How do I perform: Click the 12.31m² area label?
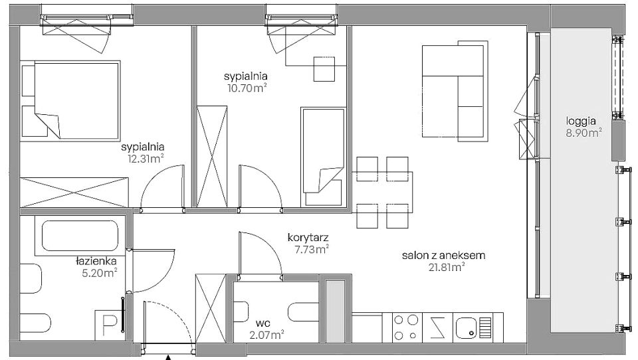point(146,159)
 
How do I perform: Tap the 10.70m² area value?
point(247,88)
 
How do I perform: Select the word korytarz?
point(308,237)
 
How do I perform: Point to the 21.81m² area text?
point(447,267)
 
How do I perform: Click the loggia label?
point(581,121)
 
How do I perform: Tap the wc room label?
point(263,323)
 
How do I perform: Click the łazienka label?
point(96,261)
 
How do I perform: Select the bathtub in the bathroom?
point(80,236)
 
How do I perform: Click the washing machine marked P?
point(108,325)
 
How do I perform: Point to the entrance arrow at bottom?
point(167,357)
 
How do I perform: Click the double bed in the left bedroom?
point(70,101)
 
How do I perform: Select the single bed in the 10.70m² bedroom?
point(324,157)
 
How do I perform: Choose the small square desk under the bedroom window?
point(324,69)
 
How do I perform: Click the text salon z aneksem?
point(443,256)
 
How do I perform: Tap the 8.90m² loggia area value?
point(584,133)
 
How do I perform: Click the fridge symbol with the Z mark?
point(437,327)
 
